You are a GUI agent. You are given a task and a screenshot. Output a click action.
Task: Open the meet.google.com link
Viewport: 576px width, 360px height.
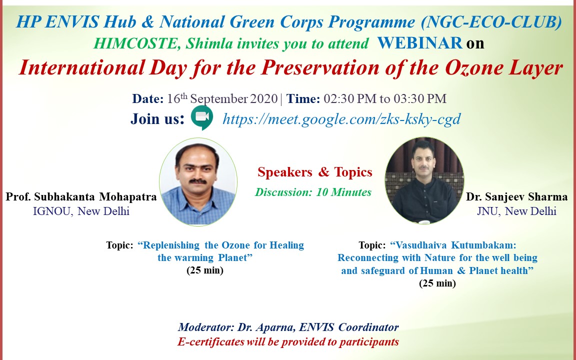tap(341, 119)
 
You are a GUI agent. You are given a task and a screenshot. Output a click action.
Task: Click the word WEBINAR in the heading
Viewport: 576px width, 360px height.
tap(419, 43)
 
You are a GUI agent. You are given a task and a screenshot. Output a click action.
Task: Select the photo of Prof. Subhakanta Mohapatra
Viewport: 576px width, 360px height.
tap(198, 182)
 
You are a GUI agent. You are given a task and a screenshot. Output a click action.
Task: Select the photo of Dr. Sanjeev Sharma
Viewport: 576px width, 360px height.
tap(424, 180)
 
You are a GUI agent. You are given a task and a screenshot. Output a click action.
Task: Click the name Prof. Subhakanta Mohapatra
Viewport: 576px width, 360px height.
tap(81, 197)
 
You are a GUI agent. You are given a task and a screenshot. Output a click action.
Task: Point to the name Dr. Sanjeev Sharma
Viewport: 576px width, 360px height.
tap(517, 197)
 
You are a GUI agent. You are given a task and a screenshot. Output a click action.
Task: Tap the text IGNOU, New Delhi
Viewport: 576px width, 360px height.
tap(81, 211)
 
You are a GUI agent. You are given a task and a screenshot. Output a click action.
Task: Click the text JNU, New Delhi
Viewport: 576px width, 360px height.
tap(517, 211)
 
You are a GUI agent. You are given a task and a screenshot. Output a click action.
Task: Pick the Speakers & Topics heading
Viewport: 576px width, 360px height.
tap(315, 172)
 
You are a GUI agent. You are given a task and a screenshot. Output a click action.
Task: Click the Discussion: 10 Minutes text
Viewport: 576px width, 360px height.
tap(313, 192)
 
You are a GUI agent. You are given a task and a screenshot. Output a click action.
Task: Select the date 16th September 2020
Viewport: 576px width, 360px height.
tap(222, 98)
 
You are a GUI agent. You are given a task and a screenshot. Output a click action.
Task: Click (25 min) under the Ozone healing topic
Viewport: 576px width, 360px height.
tap(205, 270)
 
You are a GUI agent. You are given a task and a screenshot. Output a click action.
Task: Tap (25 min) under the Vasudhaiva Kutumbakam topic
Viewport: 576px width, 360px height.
tap(437, 283)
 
